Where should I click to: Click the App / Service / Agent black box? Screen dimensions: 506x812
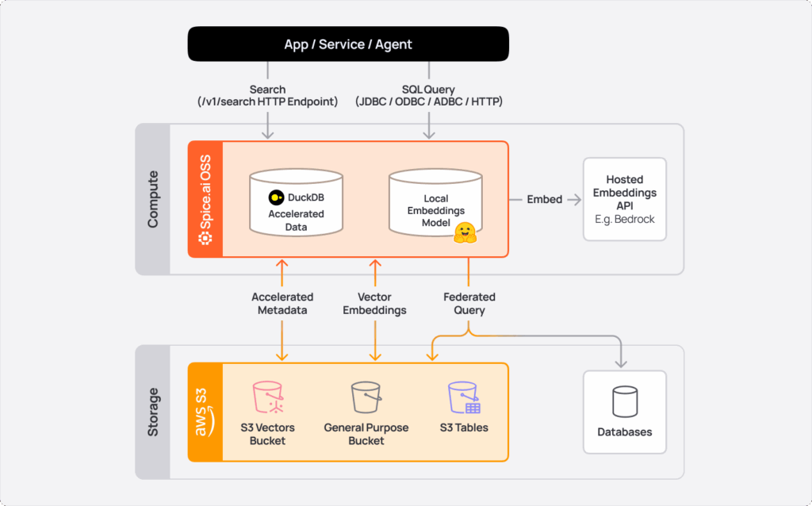tap(347, 44)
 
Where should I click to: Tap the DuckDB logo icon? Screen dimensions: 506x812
tap(277, 197)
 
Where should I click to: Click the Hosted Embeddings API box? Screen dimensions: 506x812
tap(624, 199)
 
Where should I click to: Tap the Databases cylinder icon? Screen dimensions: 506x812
tap(624, 401)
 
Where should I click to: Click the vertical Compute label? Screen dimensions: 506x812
tap(153, 199)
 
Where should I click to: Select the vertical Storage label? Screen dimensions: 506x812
tap(153, 412)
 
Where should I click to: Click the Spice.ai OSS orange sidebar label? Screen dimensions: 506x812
tap(205, 200)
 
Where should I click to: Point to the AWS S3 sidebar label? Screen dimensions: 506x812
tap(205, 412)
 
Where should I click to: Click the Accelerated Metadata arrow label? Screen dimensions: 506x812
tap(282, 304)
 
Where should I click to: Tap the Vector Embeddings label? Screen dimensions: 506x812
tap(374, 304)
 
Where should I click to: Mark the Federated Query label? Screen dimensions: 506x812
tap(469, 304)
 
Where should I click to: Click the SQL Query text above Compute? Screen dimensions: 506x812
tap(429, 90)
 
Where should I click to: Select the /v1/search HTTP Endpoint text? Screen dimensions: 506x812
tap(267, 102)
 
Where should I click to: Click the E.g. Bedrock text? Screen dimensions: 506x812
tap(624, 219)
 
